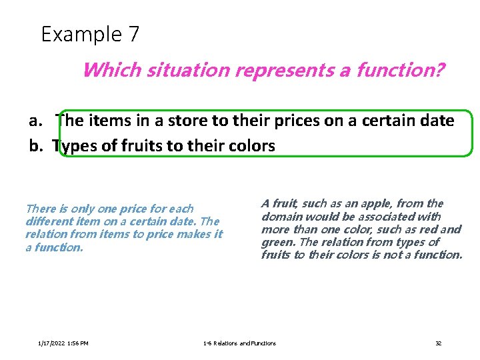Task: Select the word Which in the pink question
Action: tap(106, 69)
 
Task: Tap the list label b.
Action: tap(36, 146)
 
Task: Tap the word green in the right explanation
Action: tap(278, 242)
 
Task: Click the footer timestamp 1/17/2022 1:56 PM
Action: tap(64, 343)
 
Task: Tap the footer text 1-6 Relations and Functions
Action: tap(239, 343)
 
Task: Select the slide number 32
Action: tap(438, 343)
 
